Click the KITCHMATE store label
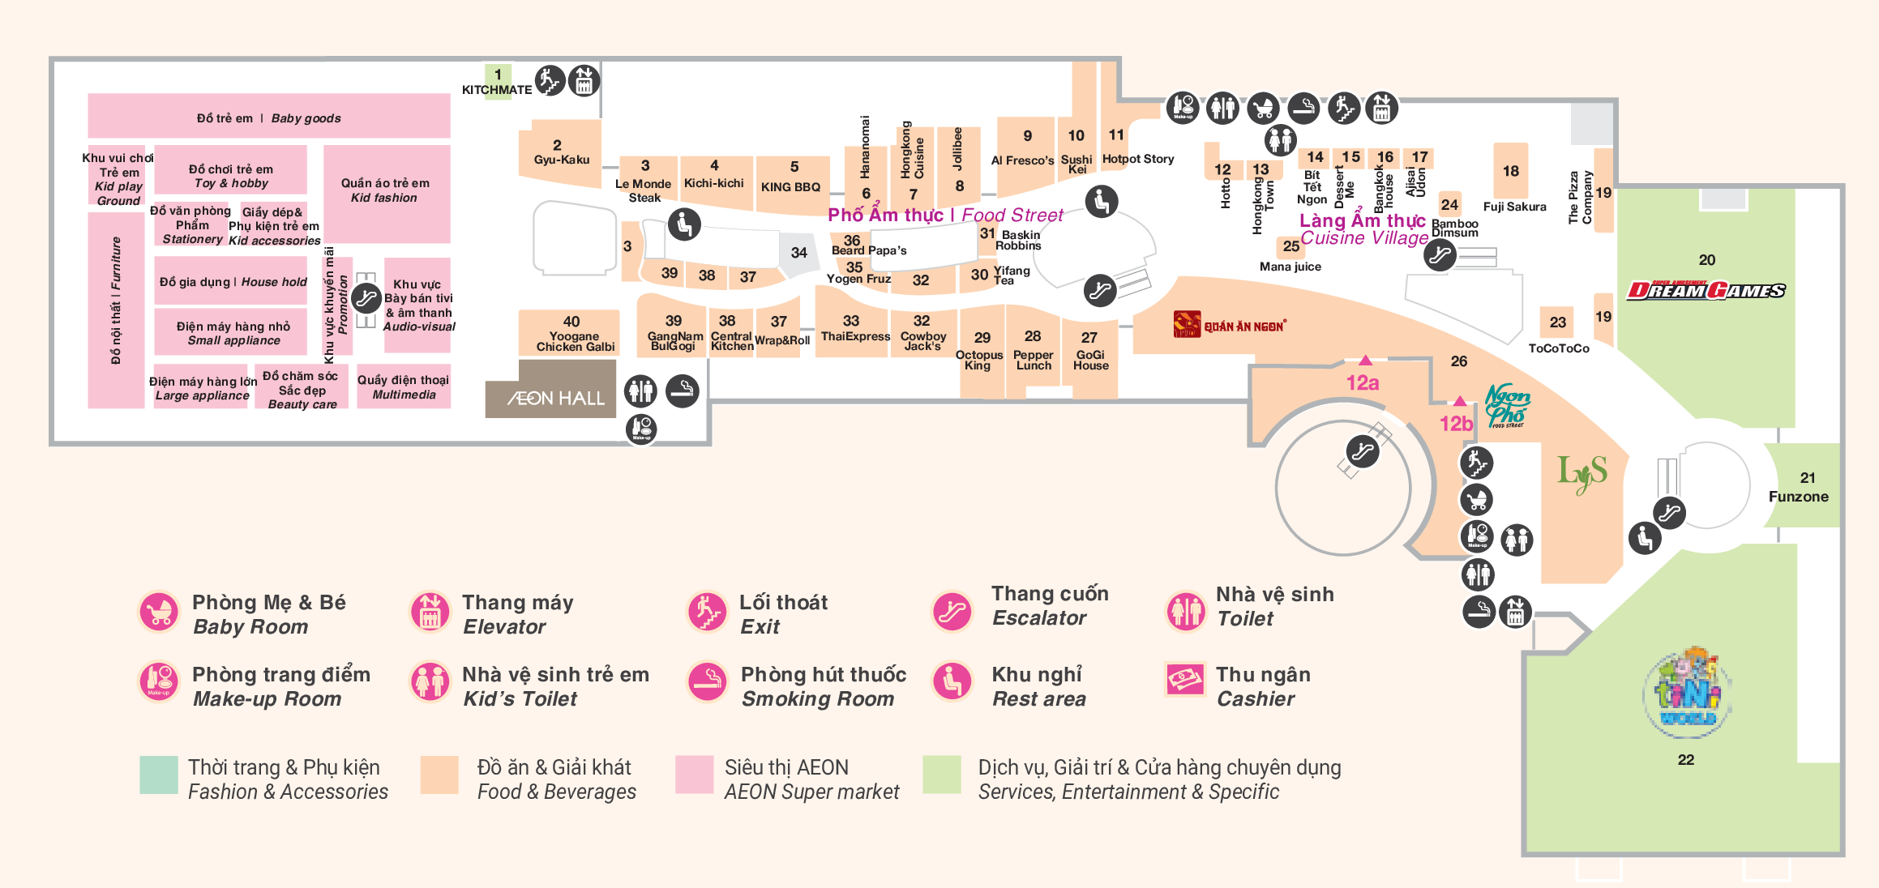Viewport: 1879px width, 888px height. click(x=497, y=90)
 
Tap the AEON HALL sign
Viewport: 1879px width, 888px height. click(x=556, y=398)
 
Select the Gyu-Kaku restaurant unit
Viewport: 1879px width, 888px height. click(x=560, y=154)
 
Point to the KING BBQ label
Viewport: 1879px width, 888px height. click(x=790, y=187)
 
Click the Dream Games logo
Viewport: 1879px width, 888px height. click(x=1706, y=290)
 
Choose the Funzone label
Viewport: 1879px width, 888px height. click(x=1798, y=497)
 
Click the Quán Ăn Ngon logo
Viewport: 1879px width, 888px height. click(x=1230, y=325)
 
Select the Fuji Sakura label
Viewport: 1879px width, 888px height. click(x=1514, y=207)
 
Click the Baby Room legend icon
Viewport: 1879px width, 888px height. click(x=159, y=613)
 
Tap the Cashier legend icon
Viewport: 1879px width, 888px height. click(x=1185, y=680)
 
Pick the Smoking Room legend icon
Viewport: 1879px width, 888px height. click(x=708, y=681)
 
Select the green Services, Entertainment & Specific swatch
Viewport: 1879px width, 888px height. click(x=942, y=775)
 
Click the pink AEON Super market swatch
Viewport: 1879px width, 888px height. click(x=694, y=775)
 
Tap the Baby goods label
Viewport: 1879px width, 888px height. click(x=268, y=118)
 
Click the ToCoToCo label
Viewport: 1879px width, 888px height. click(x=1558, y=348)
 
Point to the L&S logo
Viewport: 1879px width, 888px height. click(x=1582, y=473)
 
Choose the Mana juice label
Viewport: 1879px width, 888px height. click(x=1290, y=267)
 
